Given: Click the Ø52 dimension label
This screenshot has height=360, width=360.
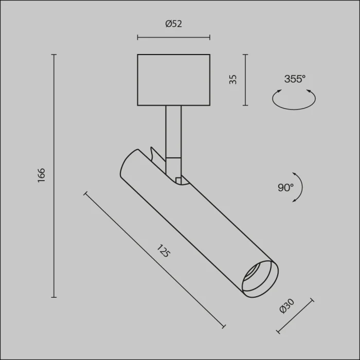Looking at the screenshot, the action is coord(174,24).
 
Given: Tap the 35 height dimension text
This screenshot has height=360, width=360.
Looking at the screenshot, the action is coord(233,79).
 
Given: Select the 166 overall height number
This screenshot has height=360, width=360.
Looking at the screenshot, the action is coord(41,175).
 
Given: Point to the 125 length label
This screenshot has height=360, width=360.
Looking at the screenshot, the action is coord(164,251).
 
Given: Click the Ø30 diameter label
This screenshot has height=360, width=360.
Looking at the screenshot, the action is coord(287,306).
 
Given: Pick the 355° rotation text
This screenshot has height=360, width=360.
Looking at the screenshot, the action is coord(295,79).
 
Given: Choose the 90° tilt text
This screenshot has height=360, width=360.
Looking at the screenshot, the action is coord(285,188).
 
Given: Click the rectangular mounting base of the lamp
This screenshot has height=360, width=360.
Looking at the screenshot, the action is coord(174,80).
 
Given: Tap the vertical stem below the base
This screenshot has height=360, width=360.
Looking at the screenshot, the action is coord(173,132).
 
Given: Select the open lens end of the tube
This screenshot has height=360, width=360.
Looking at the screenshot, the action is coord(260,279).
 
